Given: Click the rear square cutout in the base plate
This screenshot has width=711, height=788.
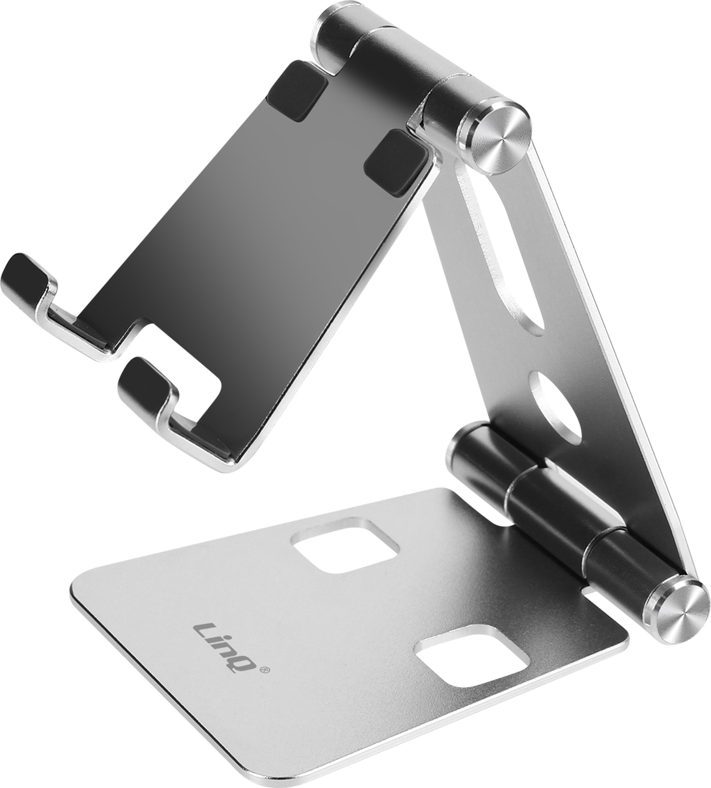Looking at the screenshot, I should (345, 545).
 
